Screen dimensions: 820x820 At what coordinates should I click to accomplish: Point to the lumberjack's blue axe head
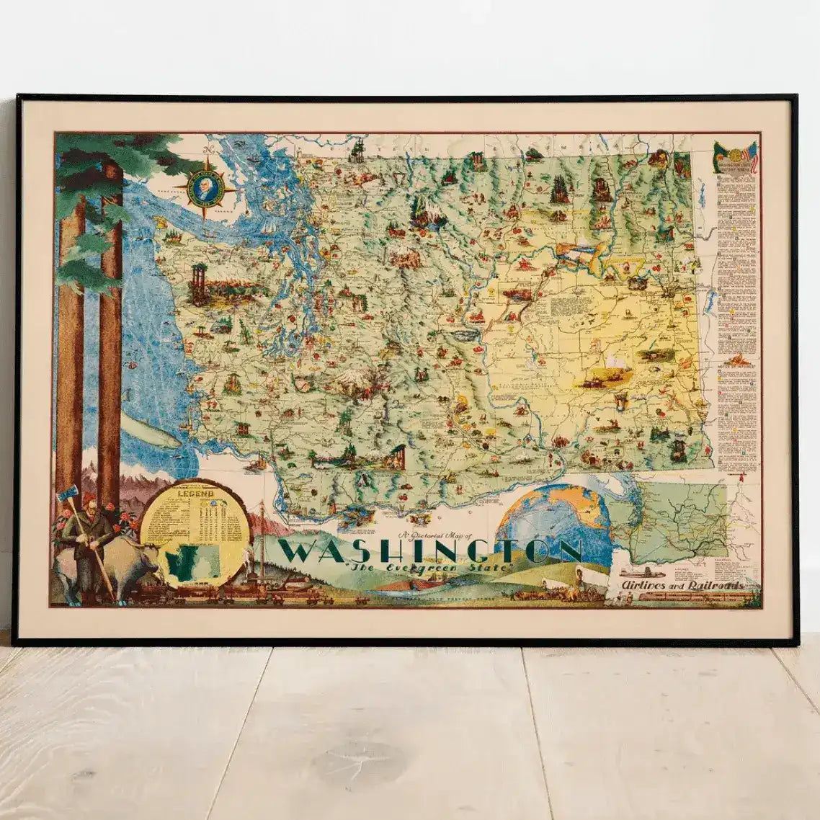point(71,494)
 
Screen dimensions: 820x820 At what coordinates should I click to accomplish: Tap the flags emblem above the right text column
point(735,158)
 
